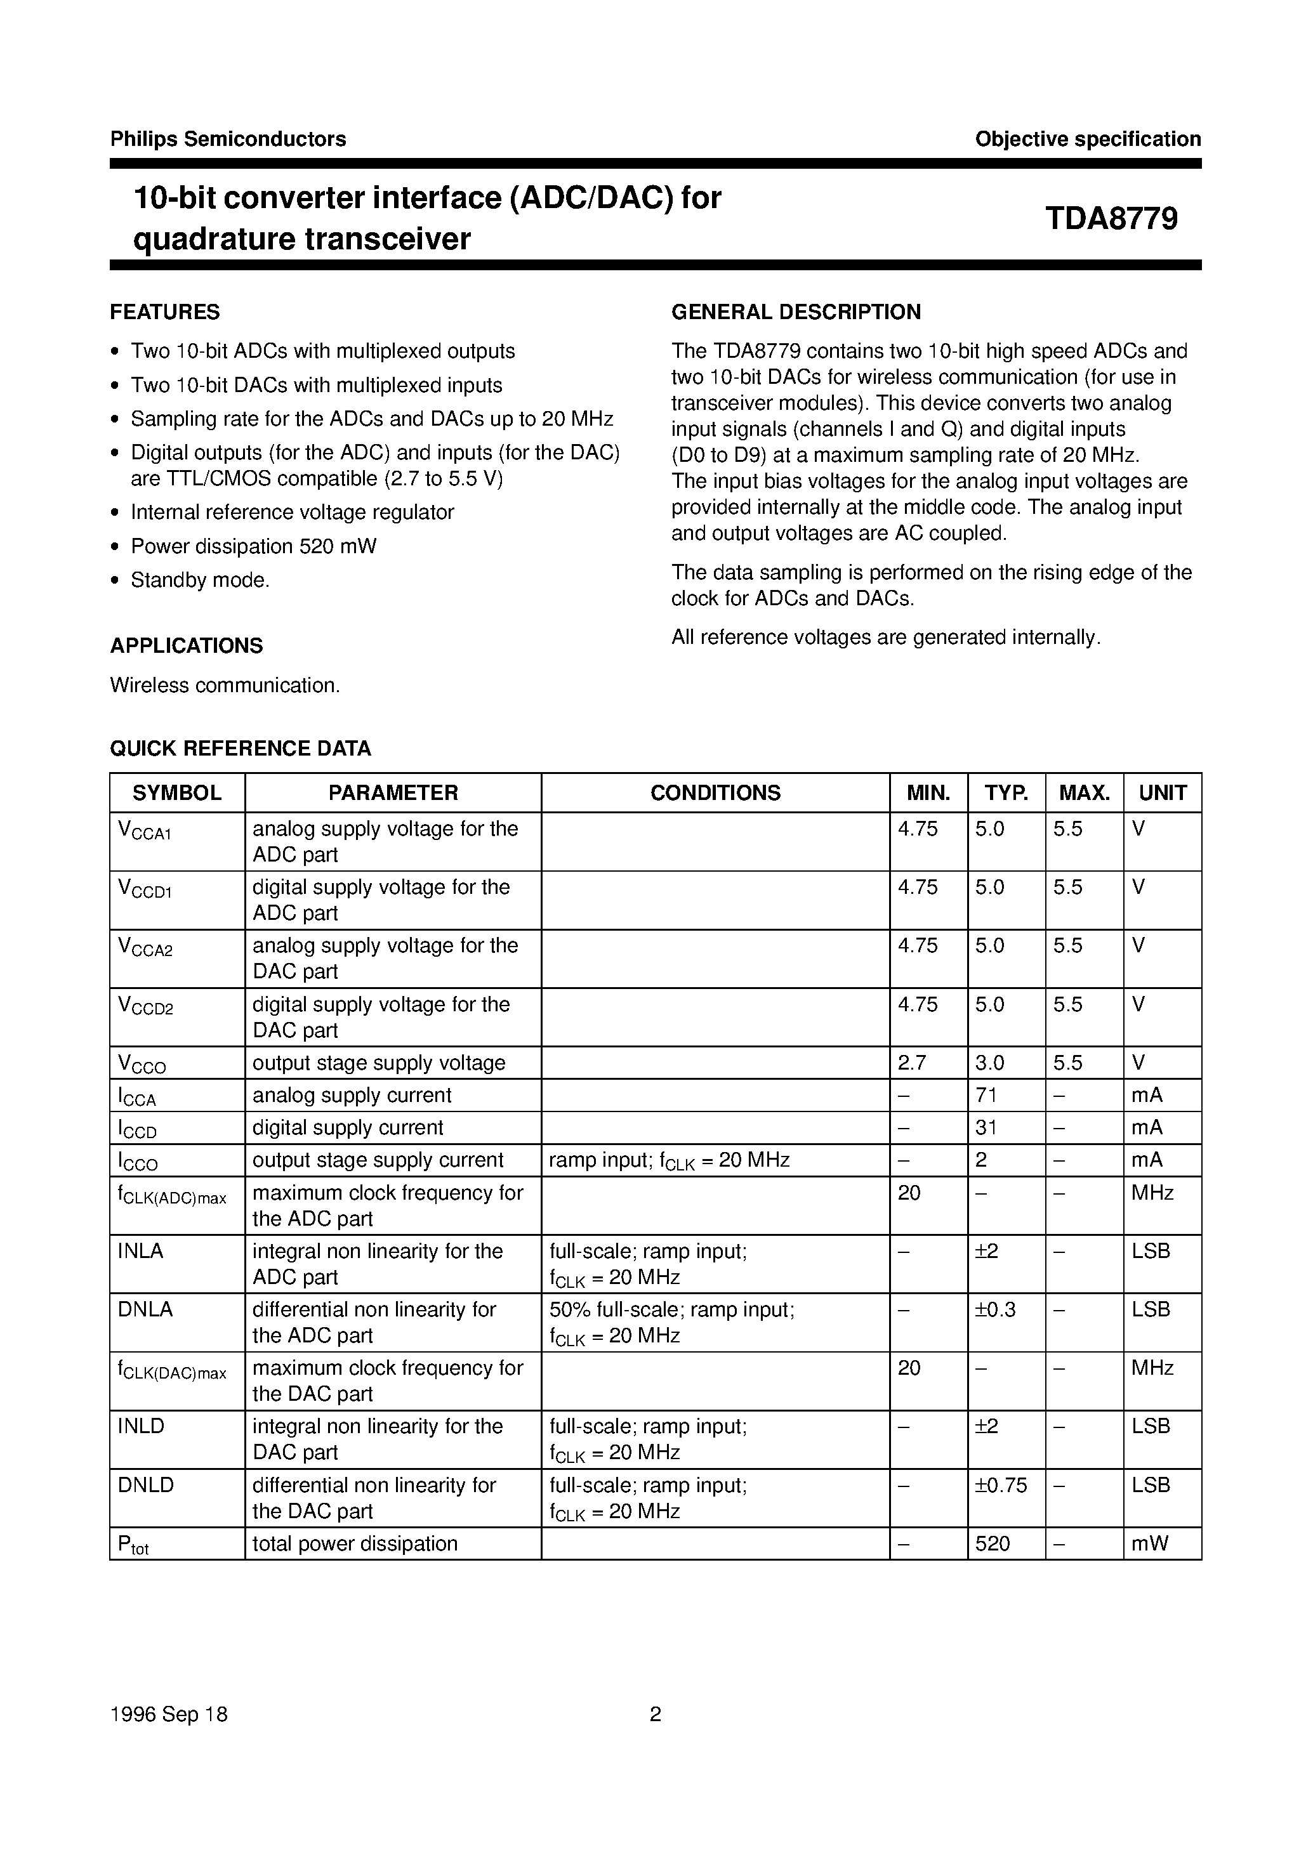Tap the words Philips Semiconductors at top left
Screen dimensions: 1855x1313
[228, 139]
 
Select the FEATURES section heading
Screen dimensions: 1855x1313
[165, 312]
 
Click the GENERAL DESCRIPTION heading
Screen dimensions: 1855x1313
[796, 312]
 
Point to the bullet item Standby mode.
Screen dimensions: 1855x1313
[200, 580]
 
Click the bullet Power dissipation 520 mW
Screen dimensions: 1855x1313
[253, 546]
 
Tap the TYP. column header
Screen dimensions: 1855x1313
[1006, 793]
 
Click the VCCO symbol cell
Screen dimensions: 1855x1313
[142, 1065]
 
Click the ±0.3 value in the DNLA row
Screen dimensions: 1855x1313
[995, 1309]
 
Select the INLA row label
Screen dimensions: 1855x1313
[141, 1251]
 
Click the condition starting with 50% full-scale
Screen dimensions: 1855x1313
[672, 1309]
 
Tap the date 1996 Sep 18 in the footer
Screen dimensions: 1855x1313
[169, 1714]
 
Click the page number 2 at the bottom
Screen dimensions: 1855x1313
[656, 1714]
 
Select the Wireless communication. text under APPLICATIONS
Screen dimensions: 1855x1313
[225, 685]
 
